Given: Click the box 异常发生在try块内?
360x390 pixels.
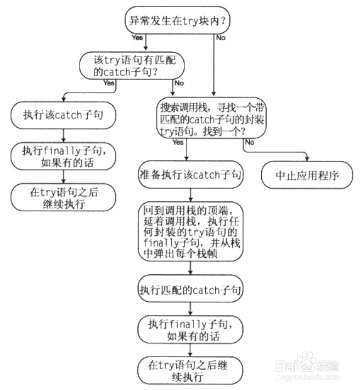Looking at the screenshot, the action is pos(177,20).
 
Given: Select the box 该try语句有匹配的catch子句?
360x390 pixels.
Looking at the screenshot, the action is pos(132,66).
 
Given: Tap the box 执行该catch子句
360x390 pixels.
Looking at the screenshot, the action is pos(63,115).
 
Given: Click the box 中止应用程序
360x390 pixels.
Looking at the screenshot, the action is pos(307,175).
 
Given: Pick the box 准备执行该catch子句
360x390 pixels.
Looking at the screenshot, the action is pos(190,174).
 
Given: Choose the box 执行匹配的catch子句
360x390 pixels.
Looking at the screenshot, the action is pos(190,289).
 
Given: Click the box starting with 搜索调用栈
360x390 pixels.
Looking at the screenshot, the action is pos(211,118).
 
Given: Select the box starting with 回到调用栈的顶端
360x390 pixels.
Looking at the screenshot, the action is pos(190,231).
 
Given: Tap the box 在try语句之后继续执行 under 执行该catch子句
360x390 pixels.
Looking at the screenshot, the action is pos(63,197).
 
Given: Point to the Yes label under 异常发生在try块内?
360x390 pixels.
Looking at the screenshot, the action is pos(137,37).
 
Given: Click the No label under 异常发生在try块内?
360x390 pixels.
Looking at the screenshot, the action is pos(221,38).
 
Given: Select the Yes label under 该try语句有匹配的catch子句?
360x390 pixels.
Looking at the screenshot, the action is pos(109,83).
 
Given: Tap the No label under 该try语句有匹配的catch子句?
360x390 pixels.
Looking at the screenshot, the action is pos(179,83).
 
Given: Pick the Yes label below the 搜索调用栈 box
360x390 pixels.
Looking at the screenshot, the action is pos(178,142).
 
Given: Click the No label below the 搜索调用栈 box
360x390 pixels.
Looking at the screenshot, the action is pos(250,142).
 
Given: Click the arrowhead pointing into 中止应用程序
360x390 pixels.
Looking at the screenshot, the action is pos(307,159).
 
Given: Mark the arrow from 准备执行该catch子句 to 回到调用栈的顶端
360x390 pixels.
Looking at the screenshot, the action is pos(190,195).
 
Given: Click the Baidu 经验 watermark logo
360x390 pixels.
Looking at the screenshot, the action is pos(307,365).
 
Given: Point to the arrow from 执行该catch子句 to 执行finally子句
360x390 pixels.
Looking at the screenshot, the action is pos(64,135).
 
